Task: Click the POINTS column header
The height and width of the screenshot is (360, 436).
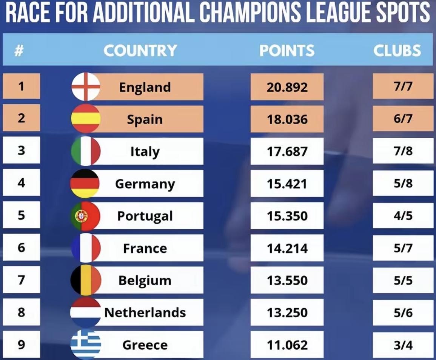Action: pos(287,51)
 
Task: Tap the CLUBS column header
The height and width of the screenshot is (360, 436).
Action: pos(397,51)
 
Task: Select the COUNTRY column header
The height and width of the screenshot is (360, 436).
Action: pos(140,51)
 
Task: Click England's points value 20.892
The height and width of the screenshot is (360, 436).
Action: pos(287,87)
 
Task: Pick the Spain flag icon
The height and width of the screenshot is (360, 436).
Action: pos(86,119)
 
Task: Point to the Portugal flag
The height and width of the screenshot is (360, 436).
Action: pos(85,216)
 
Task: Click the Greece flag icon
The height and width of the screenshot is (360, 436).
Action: pos(86,345)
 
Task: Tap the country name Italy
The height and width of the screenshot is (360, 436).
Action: pos(145,151)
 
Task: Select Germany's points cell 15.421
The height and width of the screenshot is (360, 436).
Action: pos(287,184)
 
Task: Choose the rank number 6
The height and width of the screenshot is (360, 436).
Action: pos(22,248)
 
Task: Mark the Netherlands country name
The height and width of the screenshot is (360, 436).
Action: pos(145,313)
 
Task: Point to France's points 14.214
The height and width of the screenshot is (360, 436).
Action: pos(287,248)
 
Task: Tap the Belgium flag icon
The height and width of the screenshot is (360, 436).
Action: pos(85,281)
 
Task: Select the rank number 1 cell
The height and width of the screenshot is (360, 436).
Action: pos(22,87)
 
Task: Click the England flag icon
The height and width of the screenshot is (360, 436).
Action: pos(86,87)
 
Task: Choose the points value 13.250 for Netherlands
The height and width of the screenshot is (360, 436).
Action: pos(287,313)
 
